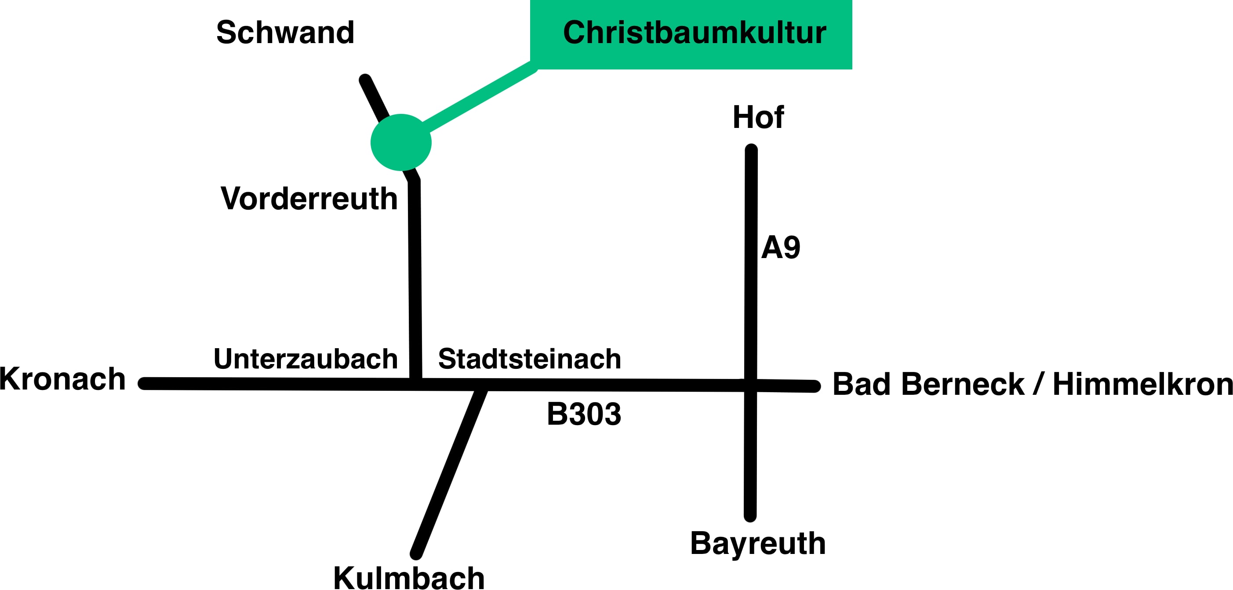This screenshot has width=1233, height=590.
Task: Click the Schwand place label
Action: pyautogui.click(x=285, y=33)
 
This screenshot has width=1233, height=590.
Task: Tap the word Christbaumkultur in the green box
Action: pyautogui.click(x=695, y=33)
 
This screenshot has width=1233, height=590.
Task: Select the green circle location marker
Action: pyautogui.click(x=401, y=142)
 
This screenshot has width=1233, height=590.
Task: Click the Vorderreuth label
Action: pyautogui.click(x=309, y=198)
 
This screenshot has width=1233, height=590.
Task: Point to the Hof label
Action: pyautogui.click(x=758, y=117)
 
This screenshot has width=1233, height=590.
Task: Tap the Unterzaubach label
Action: pyautogui.click(x=306, y=359)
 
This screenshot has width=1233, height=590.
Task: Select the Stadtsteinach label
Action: pyautogui.click(x=530, y=359)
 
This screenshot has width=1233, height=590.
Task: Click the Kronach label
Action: pyautogui.click(x=63, y=379)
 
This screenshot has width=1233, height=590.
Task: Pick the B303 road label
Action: pyautogui.click(x=584, y=414)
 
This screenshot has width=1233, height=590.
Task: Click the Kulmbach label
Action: pyautogui.click(x=409, y=577)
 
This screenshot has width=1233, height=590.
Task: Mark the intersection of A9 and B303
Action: pyautogui.click(x=750, y=385)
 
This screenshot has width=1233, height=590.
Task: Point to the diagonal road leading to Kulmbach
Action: pyautogui.click(x=448, y=472)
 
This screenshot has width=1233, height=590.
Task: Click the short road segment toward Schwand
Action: pyautogui.click(x=375, y=98)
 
